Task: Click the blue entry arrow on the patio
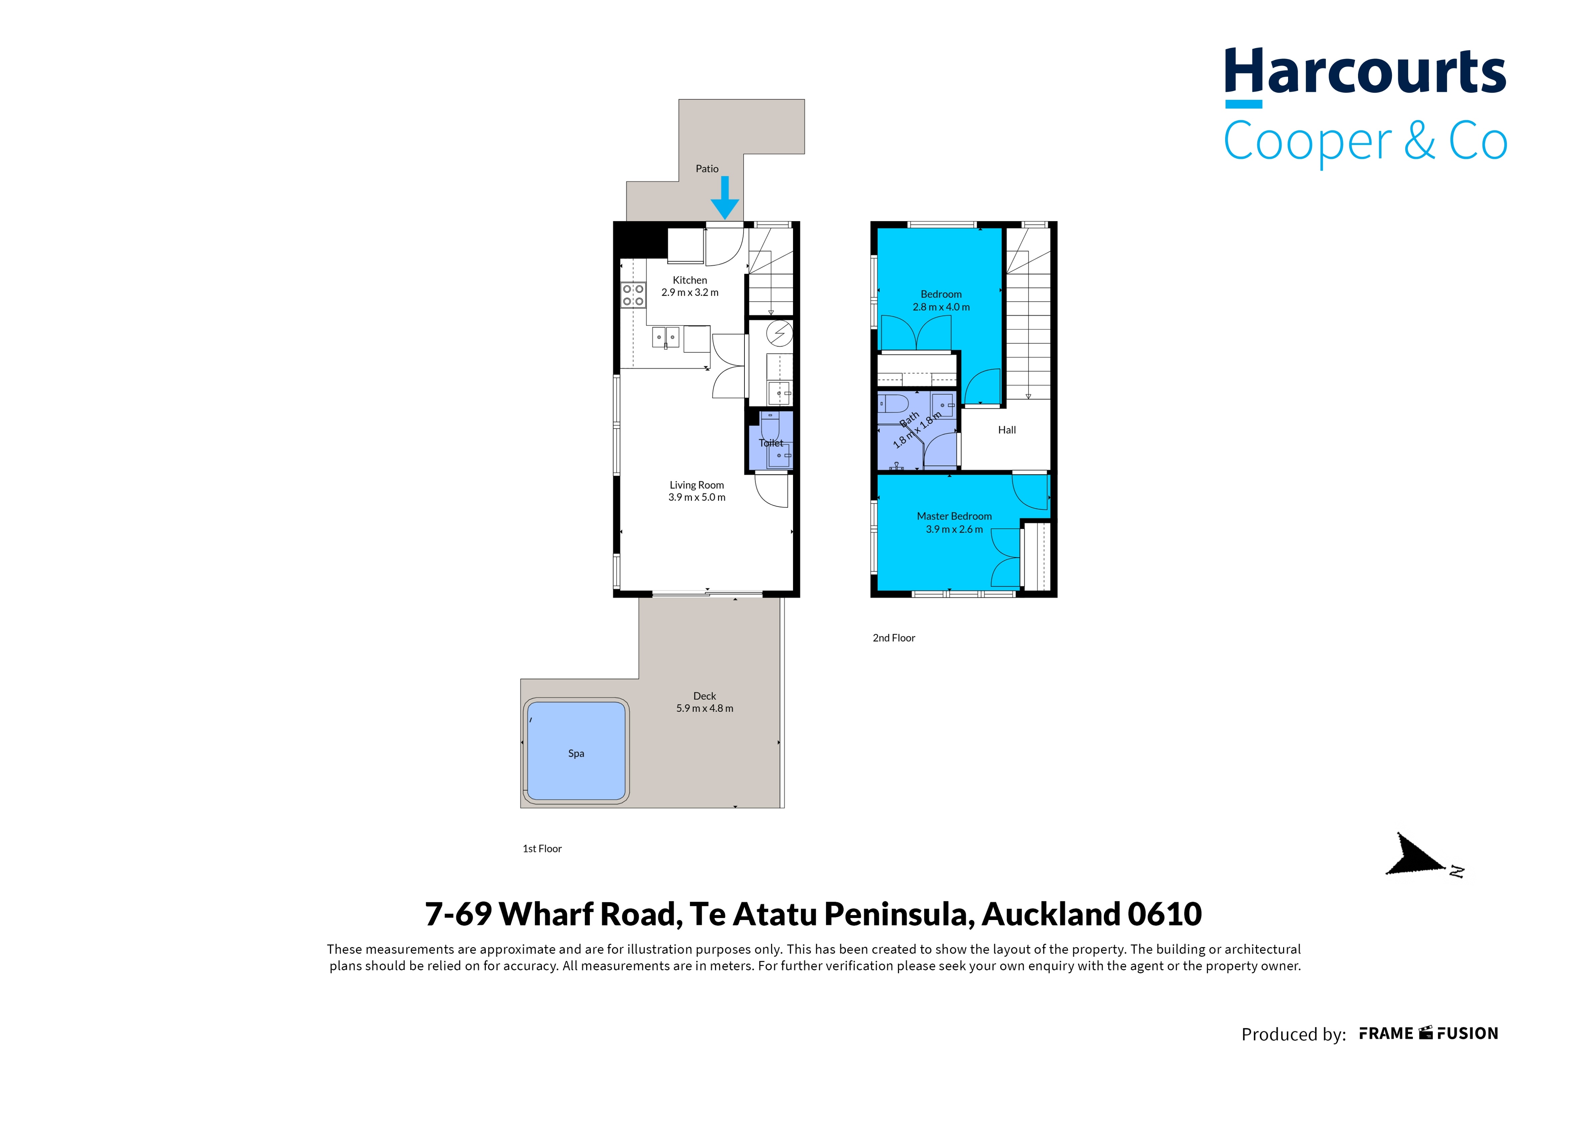click(x=725, y=197)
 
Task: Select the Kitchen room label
click(x=690, y=280)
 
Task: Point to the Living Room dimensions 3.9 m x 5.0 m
click(x=697, y=497)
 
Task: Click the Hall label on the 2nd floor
click(x=1007, y=430)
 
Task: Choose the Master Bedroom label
click(x=954, y=516)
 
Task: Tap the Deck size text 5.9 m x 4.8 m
click(x=705, y=708)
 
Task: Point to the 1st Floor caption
click(x=542, y=849)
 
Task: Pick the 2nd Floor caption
click(x=894, y=638)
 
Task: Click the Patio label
click(x=707, y=168)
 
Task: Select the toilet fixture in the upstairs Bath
click(x=893, y=403)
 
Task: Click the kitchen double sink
click(x=665, y=337)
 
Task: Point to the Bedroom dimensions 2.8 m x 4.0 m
click(x=941, y=307)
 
